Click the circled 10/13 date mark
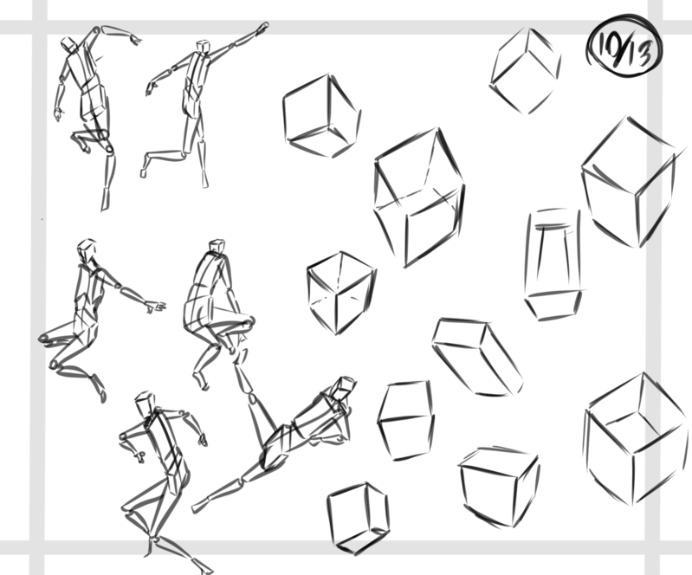[625, 47]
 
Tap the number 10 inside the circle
[609, 45]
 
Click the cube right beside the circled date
[525, 71]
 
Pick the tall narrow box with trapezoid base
[553, 264]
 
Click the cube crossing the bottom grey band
[359, 519]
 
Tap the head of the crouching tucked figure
[217, 246]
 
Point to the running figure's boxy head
[146, 402]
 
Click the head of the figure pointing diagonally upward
[204, 46]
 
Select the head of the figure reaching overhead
[68, 43]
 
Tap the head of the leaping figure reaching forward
[87, 249]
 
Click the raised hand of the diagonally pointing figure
[262, 29]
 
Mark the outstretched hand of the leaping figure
[156, 306]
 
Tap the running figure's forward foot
[204, 565]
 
